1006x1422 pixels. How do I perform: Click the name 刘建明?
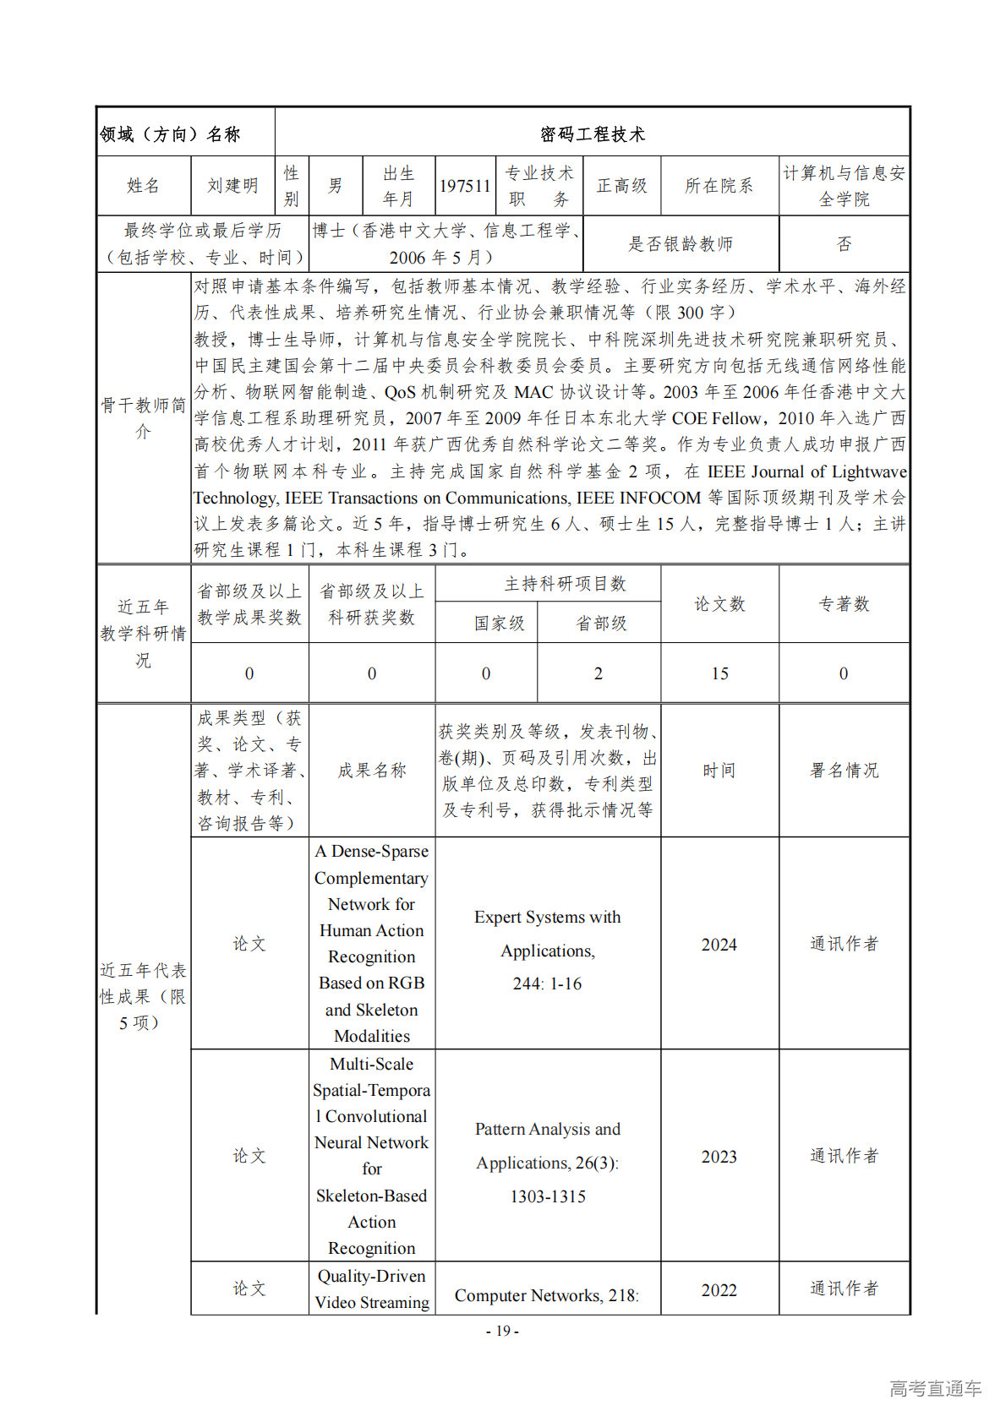point(232,186)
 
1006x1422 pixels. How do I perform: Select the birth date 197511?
point(465,186)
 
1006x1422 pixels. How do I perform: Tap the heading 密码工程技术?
point(592,134)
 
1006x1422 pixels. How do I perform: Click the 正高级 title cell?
point(621,186)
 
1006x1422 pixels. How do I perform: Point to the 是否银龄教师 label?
point(681,244)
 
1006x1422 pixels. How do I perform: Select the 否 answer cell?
point(844,244)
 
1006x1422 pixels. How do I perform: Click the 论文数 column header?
point(719,604)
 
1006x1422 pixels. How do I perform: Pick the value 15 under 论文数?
point(719,673)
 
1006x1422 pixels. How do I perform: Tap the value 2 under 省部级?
point(599,673)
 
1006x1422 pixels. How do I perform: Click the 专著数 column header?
point(844,604)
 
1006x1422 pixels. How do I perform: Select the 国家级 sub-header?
point(499,624)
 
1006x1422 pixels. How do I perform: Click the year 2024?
point(719,945)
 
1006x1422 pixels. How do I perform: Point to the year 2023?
point(719,1157)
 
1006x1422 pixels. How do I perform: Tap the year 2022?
point(719,1290)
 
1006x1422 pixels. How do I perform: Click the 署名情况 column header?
point(844,771)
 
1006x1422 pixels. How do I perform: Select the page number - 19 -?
point(502,1331)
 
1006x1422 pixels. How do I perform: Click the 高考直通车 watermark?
point(935,1388)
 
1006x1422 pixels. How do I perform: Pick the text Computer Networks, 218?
point(547,1295)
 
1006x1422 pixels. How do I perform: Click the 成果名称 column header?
point(372,771)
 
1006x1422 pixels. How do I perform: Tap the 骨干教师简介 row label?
point(143,418)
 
